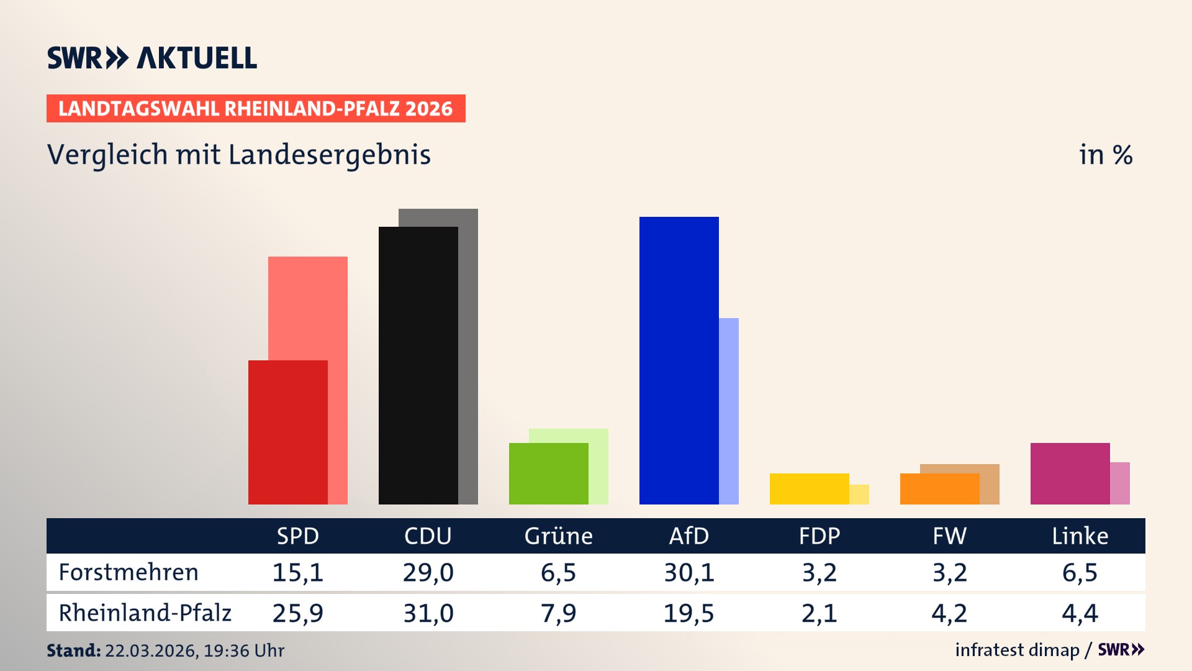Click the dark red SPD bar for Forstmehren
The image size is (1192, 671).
click(288, 432)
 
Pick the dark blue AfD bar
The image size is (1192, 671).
click(679, 360)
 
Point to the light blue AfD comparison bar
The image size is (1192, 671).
click(729, 411)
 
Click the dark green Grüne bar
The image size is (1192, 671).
click(549, 473)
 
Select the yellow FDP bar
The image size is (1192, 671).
click(810, 489)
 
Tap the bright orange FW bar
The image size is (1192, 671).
click(940, 489)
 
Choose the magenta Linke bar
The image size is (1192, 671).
click(1070, 473)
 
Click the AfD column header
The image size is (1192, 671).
click(689, 536)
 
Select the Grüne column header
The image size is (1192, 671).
click(558, 536)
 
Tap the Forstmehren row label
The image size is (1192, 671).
click(129, 572)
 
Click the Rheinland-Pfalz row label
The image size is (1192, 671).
click(145, 613)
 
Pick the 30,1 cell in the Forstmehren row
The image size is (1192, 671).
click(689, 572)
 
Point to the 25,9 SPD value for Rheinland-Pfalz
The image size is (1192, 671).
click(298, 613)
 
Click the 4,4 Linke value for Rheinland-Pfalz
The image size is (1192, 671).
click(1080, 613)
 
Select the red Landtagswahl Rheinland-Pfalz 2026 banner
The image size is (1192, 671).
click(256, 109)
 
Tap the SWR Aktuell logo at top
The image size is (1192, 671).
click(152, 58)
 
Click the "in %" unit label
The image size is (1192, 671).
click(1105, 155)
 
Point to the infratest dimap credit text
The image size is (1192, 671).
click(1017, 650)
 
